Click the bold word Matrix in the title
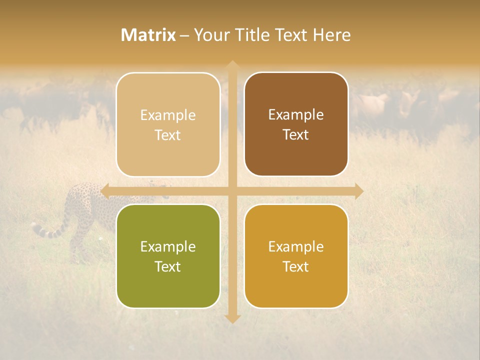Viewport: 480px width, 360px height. click(x=148, y=35)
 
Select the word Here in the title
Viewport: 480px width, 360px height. click(x=331, y=35)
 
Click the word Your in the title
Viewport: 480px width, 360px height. click(x=210, y=35)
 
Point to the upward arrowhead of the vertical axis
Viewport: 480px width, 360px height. click(x=232, y=65)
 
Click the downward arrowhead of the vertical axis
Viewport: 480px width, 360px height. click(x=232, y=318)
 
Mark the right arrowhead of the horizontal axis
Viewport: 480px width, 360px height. click(x=358, y=191)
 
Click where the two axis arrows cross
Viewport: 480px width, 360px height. click(x=232, y=191)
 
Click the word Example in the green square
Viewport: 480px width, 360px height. click(x=168, y=246)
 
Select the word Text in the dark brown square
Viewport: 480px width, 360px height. click(x=296, y=135)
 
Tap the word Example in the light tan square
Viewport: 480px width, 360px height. click(x=168, y=115)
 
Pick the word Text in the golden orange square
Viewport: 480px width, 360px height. click(x=296, y=266)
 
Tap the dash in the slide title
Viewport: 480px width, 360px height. click(x=184, y=35)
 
